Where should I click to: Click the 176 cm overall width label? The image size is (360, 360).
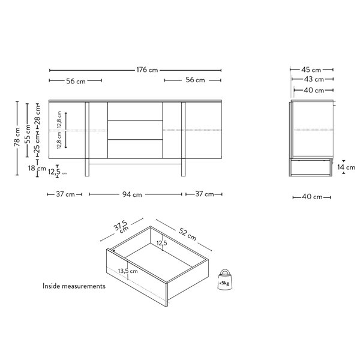pos(147,70)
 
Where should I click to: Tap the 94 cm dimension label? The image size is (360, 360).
pos(132,194)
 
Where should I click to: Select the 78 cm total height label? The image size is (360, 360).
pos(17,137)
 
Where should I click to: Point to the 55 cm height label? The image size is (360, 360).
pos(28,134)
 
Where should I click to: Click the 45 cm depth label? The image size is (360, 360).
pos(311,70)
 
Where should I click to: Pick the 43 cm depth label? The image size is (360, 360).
pos(314,79)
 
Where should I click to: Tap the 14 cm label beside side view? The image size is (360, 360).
pos(346,167)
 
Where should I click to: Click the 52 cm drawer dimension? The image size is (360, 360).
pos(187,235)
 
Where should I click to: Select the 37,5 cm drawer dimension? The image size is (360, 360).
pos(121,226)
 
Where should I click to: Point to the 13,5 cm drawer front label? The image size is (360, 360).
pos(128,271)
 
